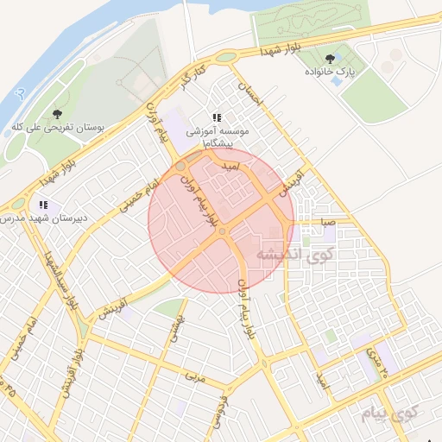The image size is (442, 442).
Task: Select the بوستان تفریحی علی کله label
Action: coord(58,126)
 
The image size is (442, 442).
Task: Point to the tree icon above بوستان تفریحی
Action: coord(57,113)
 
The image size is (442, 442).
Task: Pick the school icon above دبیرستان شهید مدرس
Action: coord(43,205)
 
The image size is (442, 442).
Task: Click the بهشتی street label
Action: coord(178,327)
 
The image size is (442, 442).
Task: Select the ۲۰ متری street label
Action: coord(377,362)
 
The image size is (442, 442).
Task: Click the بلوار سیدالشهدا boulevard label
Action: coord(52,276)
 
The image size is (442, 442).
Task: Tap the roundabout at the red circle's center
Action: coord(222,231)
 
